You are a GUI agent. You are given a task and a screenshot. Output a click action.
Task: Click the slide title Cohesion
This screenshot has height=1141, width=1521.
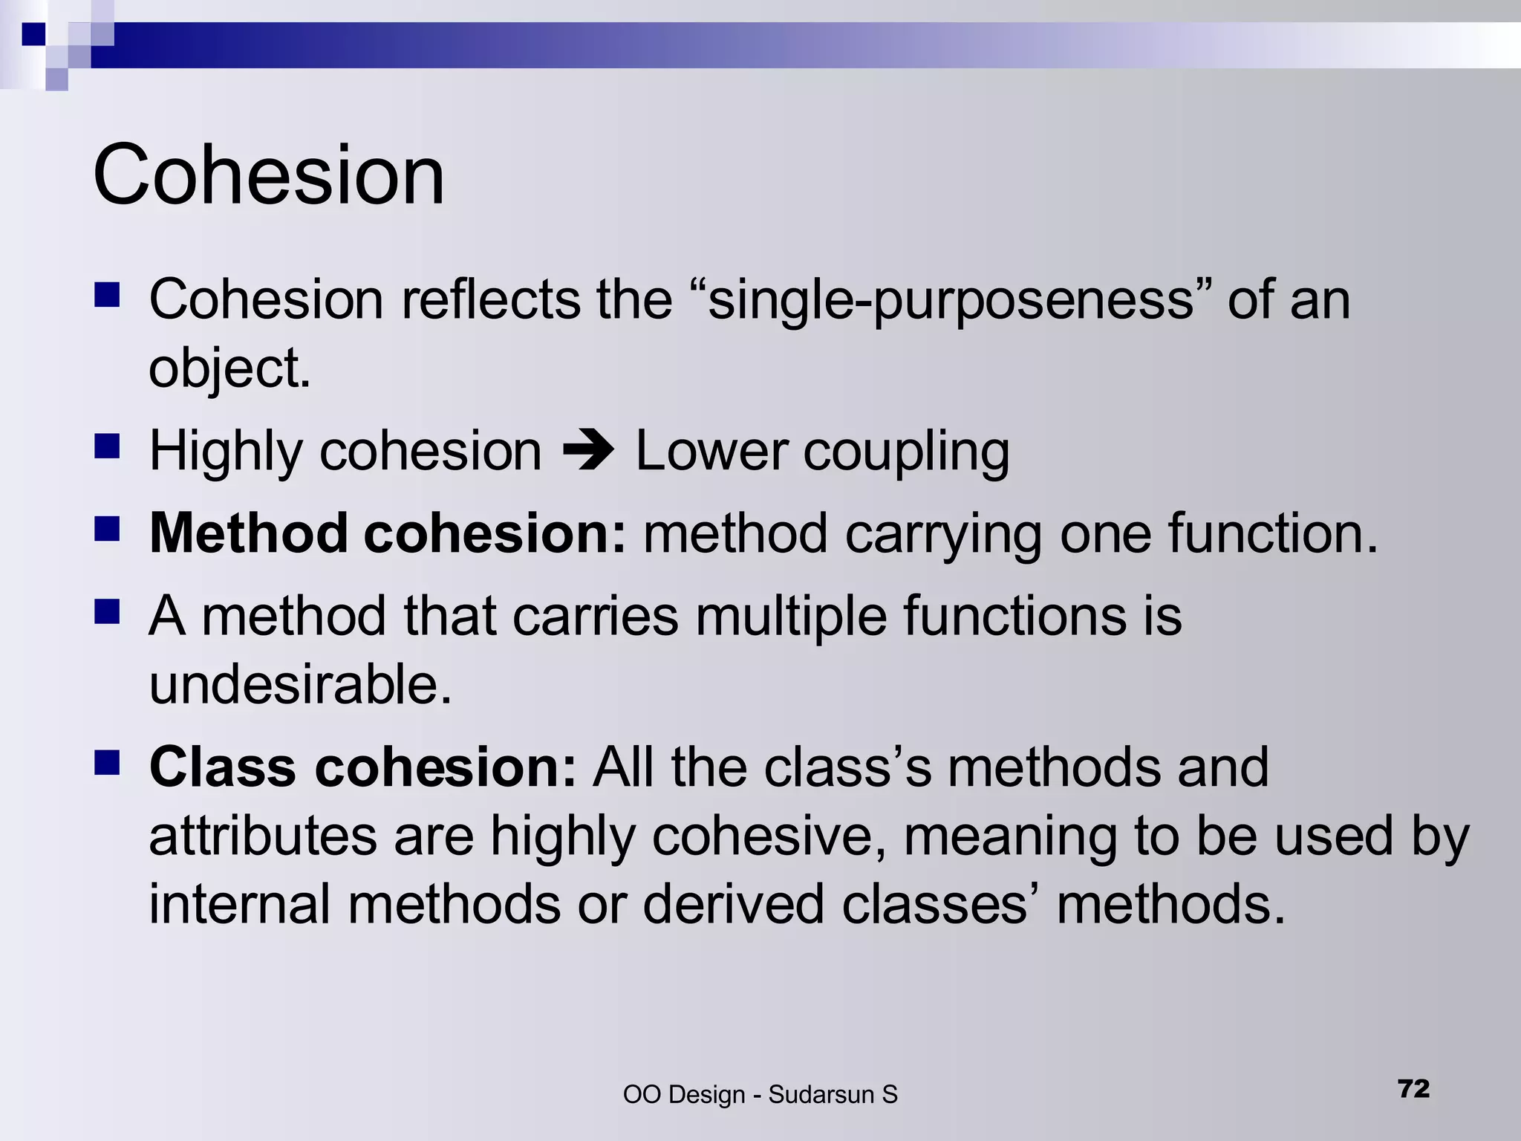(268, 175)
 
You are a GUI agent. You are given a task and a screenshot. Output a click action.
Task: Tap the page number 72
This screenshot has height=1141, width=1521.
(1413, 1088)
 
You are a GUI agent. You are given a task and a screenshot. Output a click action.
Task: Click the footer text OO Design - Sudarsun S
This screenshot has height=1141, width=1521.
(760, 1094)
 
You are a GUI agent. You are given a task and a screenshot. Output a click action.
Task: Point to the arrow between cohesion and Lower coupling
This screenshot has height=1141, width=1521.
(588, 451)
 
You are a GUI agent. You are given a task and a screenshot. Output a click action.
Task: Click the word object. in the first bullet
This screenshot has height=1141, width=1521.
(229, 368)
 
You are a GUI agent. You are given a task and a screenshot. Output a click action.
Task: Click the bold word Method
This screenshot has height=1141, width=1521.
(248, 533)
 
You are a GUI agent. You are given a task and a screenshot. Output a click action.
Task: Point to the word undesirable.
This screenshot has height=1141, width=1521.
(300, 684)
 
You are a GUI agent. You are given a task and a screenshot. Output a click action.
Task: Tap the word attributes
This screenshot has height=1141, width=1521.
(263, 836)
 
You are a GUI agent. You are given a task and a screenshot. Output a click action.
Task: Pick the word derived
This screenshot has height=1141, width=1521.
(733, 904)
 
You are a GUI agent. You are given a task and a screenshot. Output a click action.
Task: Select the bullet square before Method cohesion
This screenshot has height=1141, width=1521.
(108, 530)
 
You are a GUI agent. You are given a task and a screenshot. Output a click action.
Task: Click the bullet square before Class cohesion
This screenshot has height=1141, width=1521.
(108, 763)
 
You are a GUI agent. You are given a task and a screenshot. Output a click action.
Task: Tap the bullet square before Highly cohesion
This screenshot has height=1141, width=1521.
(108, 447)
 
